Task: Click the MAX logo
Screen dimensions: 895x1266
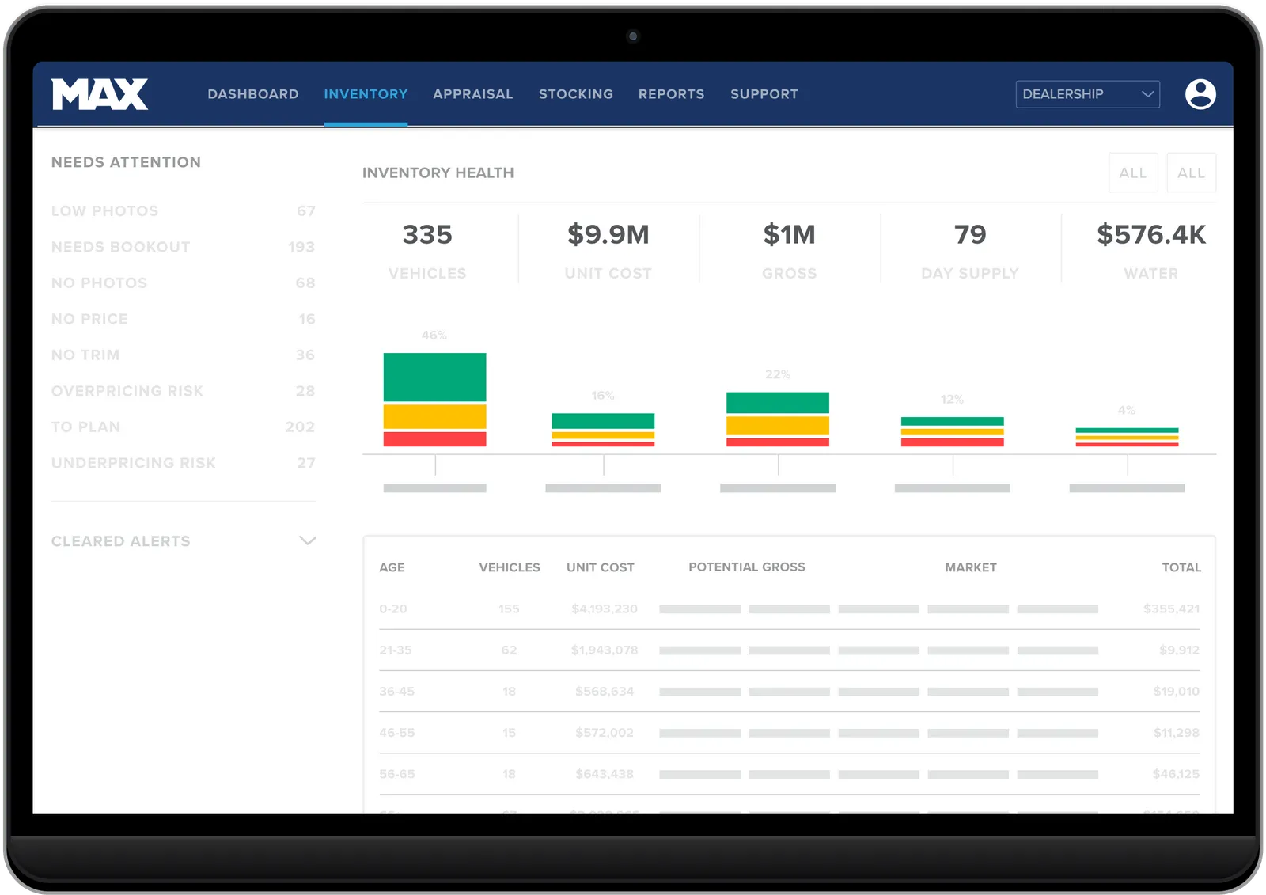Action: click(x=100, y=94)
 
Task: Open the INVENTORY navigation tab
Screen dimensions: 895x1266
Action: click(x=366, y=94)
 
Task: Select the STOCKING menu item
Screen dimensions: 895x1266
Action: click(x=575, y=94)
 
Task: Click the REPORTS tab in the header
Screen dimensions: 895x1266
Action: click(x=671, y=94)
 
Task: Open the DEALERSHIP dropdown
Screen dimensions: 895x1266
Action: click(x=1087, y=94)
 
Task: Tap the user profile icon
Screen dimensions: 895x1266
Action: click(x=1200, y=94)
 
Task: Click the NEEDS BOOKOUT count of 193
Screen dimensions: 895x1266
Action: click(x=301, y=247)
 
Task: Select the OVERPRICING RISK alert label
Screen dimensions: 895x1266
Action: click(x=127, y=391)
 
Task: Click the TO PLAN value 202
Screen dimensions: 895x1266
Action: click(x=300, y=427)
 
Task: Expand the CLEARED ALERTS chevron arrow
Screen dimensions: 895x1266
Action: click(x=308, y=541)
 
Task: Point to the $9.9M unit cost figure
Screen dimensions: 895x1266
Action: click(x=608, y=235)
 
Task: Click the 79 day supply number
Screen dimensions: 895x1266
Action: click(x=970, y=235)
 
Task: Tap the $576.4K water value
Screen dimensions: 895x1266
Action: click(x=1150, y=235)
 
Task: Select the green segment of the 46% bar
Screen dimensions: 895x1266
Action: click(x=434, y=377)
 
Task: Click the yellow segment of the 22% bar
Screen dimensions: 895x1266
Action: click(x=777, y=426)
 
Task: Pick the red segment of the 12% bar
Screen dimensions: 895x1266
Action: click(x=952, y=442)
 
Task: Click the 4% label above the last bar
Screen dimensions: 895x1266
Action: click(x=1126, y=410)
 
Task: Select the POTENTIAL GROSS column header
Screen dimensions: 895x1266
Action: click(x=746, y=567)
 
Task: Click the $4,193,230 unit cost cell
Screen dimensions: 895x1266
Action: click(x=604, y=609)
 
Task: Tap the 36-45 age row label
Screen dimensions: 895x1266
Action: click(x=396, y=692)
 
